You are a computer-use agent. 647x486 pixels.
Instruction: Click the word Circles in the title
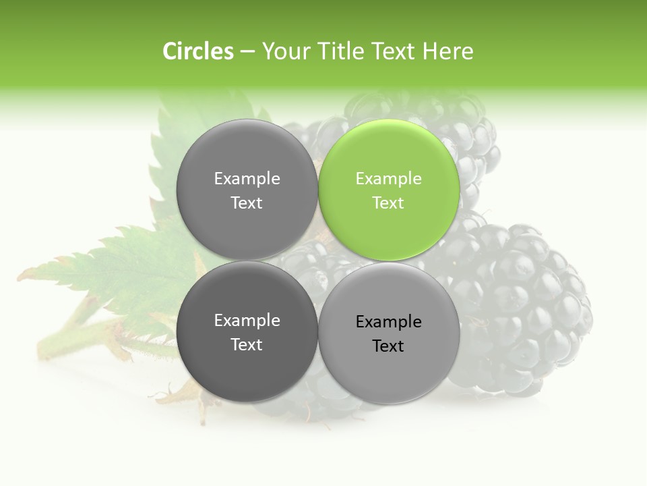pos(198,51)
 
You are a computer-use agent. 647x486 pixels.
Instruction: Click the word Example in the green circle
pos(388,179)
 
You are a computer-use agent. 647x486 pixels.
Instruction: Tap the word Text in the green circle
pos(388,203)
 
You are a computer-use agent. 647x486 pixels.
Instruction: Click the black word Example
pos(388,322)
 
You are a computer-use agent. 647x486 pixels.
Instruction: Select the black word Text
pos(388,346)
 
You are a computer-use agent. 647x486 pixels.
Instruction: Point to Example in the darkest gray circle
pos(247,321)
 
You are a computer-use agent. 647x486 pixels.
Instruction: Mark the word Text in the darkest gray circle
pos(247,345)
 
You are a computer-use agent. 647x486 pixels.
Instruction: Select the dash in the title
pos(247,51)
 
